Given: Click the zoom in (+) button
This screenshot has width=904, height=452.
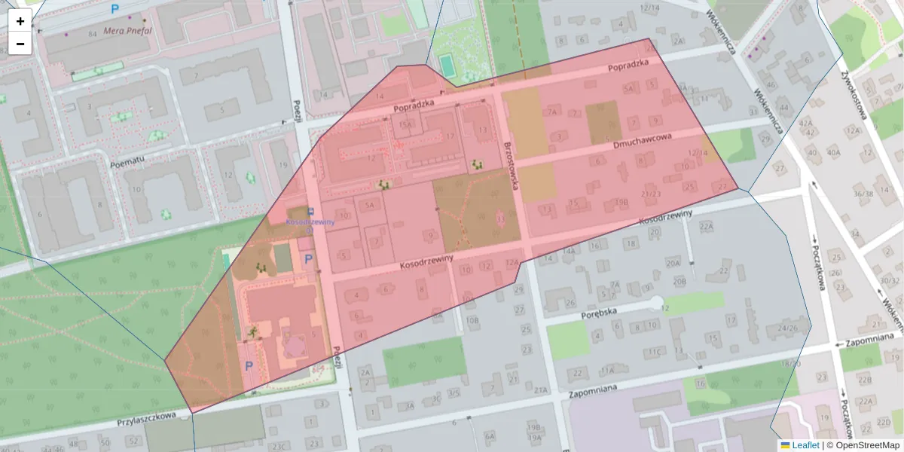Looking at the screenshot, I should [20, 20].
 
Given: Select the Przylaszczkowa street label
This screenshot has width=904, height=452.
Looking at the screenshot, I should [146, 416].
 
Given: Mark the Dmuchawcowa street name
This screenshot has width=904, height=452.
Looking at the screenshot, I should [641, 139].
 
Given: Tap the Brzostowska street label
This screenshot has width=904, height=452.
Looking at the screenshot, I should [512, 165].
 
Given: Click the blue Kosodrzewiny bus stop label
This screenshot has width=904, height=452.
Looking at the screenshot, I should [310, 222].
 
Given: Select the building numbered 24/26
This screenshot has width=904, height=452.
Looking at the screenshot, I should [787, 328].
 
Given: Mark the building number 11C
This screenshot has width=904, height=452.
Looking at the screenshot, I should [654, 352].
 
